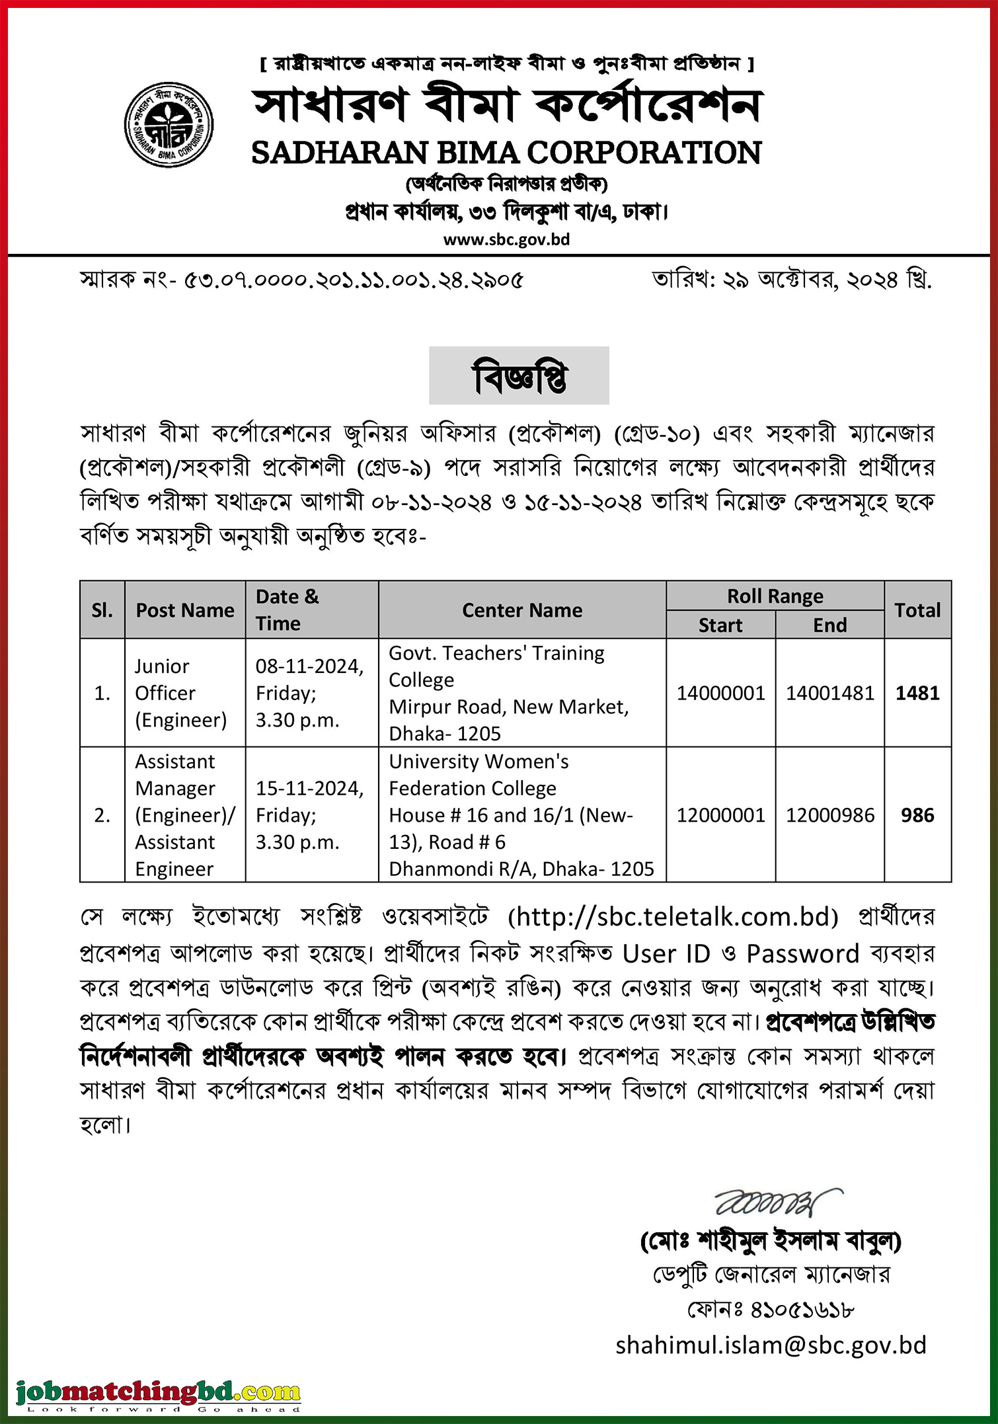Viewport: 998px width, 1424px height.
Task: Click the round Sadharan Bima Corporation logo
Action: pos(169,125)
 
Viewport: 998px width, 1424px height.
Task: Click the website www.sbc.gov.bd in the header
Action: pos(506,239)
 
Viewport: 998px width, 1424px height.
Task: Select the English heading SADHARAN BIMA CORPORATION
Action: pos(506,153)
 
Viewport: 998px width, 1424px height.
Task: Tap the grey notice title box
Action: pos(519,376)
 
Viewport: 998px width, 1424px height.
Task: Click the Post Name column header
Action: pos(185,610)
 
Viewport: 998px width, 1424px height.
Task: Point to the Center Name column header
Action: pos(522,610)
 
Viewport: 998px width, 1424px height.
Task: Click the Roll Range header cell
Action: pos(775,596)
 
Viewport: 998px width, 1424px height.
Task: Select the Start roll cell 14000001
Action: pos(720,693)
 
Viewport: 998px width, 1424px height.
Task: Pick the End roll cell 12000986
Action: pos(830,815)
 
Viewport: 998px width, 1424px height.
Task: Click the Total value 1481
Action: pos(917,693)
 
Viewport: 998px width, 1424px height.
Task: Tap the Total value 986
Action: pos(917,815)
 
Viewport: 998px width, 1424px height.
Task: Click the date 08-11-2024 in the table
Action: pos(309,666)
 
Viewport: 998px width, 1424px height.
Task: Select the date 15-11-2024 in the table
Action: pos(309,789)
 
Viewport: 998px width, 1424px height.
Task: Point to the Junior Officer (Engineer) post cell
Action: pos(180,693)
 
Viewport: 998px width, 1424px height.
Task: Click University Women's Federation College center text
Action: pos(479,775)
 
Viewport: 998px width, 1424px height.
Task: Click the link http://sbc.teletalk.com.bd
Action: pos(673,917)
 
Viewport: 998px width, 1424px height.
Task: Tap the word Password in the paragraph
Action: pos(802,954)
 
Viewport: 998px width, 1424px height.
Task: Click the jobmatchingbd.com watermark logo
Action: pos(159,1392)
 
